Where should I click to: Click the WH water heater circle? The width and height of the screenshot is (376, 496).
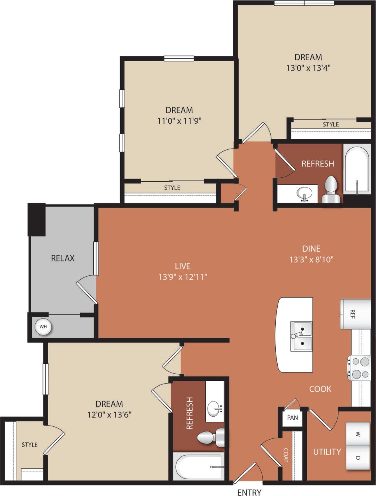[x=43, y=327]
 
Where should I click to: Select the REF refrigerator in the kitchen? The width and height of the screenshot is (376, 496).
[x=355, y=314]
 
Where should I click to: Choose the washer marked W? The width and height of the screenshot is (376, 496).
[x=358, y=433]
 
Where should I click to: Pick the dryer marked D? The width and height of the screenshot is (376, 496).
[x=358, y=457]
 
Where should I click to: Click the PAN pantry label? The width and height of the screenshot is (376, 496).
[x=292, y=418]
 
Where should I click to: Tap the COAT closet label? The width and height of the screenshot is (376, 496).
[x=286, y=455]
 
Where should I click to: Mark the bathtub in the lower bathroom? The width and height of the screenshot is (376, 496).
[x=198, y=466]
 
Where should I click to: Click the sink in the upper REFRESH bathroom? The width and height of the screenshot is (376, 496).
[x=304, y=193]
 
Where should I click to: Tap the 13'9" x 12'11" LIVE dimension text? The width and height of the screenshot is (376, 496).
[x=182, y=277]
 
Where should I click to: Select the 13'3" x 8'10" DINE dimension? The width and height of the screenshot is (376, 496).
[x=311, y=259]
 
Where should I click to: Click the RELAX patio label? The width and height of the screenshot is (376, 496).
[x=63, y=258]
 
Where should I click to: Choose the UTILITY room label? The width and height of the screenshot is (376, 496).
[x=327, y=452]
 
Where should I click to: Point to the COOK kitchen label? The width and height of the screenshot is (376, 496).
[x=320, y=389]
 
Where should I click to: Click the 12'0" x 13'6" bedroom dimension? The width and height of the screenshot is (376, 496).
[x=109, y=414]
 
